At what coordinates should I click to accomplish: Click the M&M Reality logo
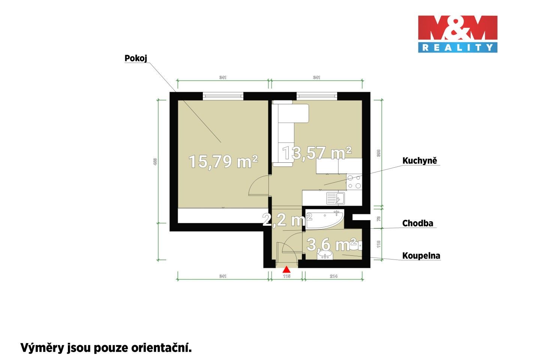click(457, 34)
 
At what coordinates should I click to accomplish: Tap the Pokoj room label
click(136, 58)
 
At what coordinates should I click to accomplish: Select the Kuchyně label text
click(420, 161)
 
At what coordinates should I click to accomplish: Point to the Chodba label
click(417, 223)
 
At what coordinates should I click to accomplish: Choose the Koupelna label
click(421, 256)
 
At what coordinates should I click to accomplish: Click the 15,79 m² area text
click(223, 162)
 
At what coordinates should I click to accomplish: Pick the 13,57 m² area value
click(317, 153)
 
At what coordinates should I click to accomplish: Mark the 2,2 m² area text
click(287, 219)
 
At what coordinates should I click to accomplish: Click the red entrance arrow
click(286, 269)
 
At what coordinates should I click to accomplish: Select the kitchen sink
click(335, 198)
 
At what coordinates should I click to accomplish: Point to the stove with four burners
click(354, 182)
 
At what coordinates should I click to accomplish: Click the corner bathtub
click(325, 220)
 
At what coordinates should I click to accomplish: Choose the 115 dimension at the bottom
click(287, 276)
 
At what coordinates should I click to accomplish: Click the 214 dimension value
click(333, 276)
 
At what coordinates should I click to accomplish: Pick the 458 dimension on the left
click(155, 162)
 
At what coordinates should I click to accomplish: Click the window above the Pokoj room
click(223, 96)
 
